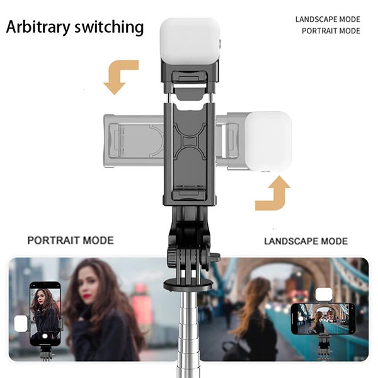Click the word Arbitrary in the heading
click(x=38, y=27)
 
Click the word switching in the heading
click(x=109, y=27)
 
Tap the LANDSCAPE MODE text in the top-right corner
click(x=328, y=20)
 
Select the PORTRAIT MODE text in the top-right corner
click(x=331, y=31)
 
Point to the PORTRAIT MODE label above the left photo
click(x=71, y=241)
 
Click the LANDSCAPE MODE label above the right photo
click(x=306, y=241)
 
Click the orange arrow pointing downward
click(x=120, y=77)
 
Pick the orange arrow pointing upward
click(x=273, y=193)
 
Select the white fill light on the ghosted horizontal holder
click(x=268, y=141)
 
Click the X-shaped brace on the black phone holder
click(x=190, y=141)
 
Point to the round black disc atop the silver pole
click(x=188, y=285)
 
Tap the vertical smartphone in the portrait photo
click(x=45, y=314)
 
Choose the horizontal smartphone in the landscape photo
click(x=323, y=318)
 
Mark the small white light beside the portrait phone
click(x=21, y=324)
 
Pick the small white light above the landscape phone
click(x=324, y=294)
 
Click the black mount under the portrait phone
click(x=47, y=353)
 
